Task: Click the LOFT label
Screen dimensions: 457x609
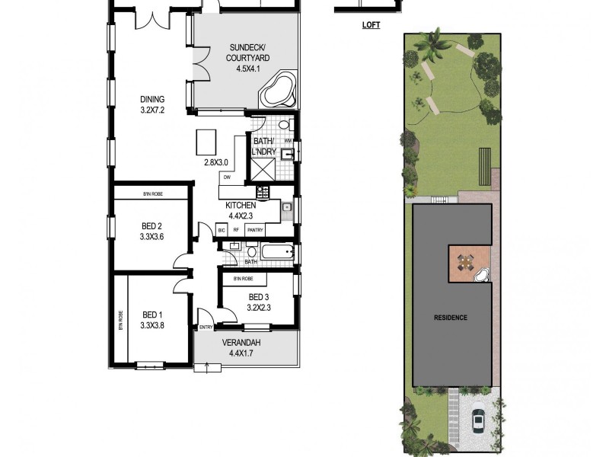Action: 371,25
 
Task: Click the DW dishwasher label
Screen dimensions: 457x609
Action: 227,177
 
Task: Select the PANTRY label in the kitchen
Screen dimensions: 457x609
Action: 256,229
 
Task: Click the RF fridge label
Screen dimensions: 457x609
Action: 237,229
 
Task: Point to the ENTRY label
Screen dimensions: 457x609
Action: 206,328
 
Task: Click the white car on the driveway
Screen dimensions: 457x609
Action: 479,420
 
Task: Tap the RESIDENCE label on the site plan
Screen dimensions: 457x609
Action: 451,317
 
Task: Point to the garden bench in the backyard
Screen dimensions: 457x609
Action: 484,166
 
